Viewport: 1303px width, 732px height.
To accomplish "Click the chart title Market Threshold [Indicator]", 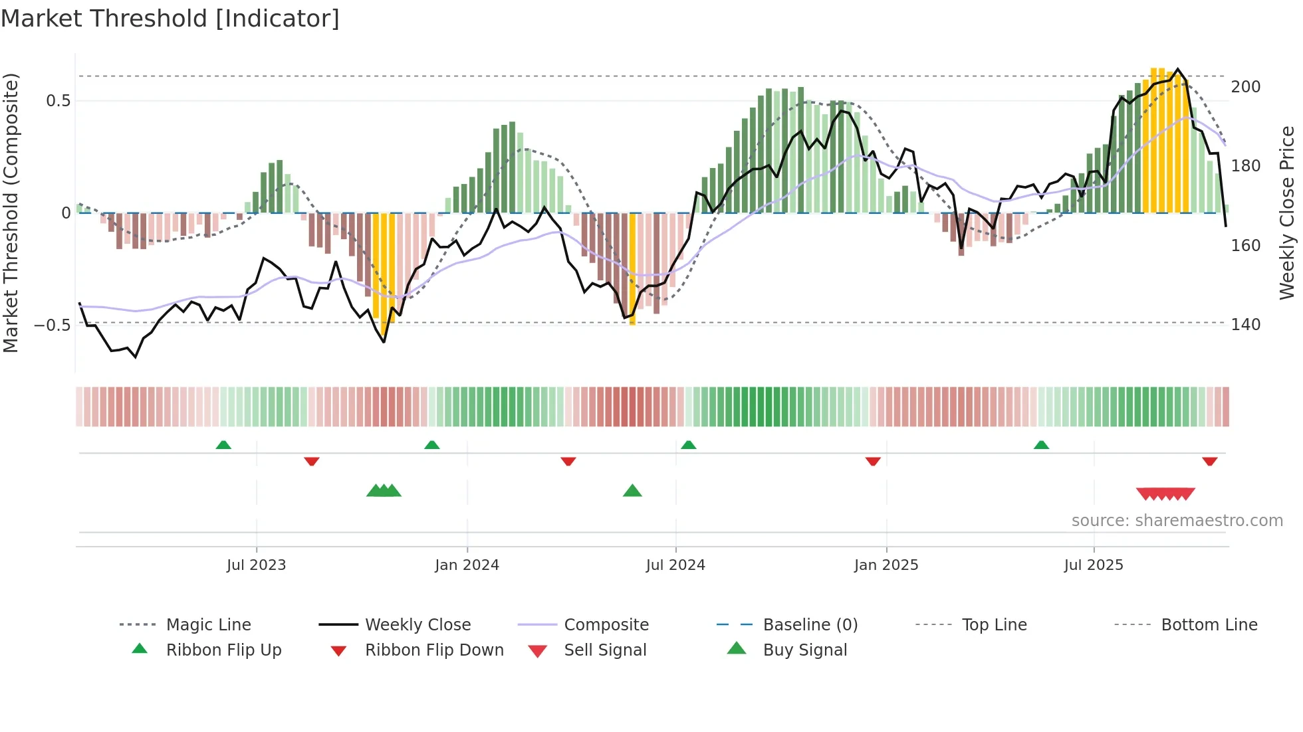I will (x=170, y=19).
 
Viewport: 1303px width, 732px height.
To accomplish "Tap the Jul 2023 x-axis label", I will (x=256, y=565).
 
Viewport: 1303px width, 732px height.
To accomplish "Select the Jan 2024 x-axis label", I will (x=467, y=565).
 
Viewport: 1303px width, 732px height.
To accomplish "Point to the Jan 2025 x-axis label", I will (x=886, y=565).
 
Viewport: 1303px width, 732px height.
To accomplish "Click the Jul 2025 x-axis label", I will (x=1093, y=565).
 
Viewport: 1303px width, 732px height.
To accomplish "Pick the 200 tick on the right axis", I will (x=1245, y=87).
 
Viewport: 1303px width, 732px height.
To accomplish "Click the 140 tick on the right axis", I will (x=1245, y=325).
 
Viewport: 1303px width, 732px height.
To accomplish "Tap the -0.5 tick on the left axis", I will (x=52, y=325).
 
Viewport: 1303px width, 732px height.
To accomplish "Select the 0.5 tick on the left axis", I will (x=58, y=101).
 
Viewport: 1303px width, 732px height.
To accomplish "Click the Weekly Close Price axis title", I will (x=1287, y=213).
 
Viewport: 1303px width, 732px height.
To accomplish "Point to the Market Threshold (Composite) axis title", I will (x=11, y=213).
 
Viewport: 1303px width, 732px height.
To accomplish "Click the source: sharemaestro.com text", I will (x=1177, y=521).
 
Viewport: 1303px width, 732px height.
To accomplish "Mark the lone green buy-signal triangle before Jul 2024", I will (x=632, y=492).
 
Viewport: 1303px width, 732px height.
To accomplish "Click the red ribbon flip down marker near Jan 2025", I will (x=873, y=461).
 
